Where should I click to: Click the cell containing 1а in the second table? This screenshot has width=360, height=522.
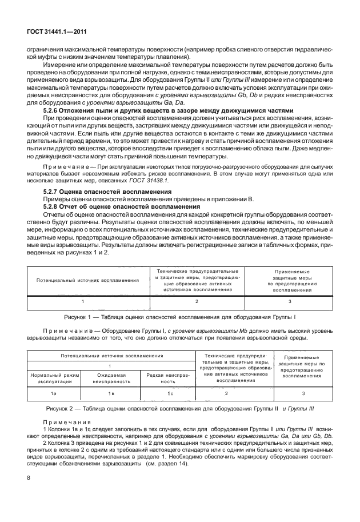point(51,394)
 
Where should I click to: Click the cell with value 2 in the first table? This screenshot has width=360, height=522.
point(197,301)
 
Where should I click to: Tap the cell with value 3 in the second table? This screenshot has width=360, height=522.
point(303,394)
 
